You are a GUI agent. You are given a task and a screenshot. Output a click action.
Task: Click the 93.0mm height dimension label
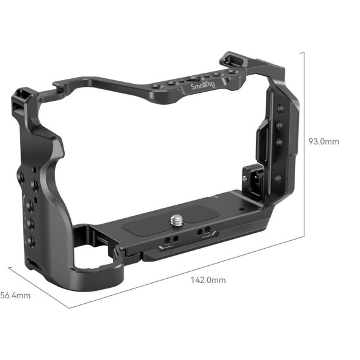[x=323, y=142]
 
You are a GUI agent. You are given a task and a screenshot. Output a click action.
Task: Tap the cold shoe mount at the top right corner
[x=230, y=59]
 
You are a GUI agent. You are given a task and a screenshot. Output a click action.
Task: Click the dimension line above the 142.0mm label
[x=183, y=270]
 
